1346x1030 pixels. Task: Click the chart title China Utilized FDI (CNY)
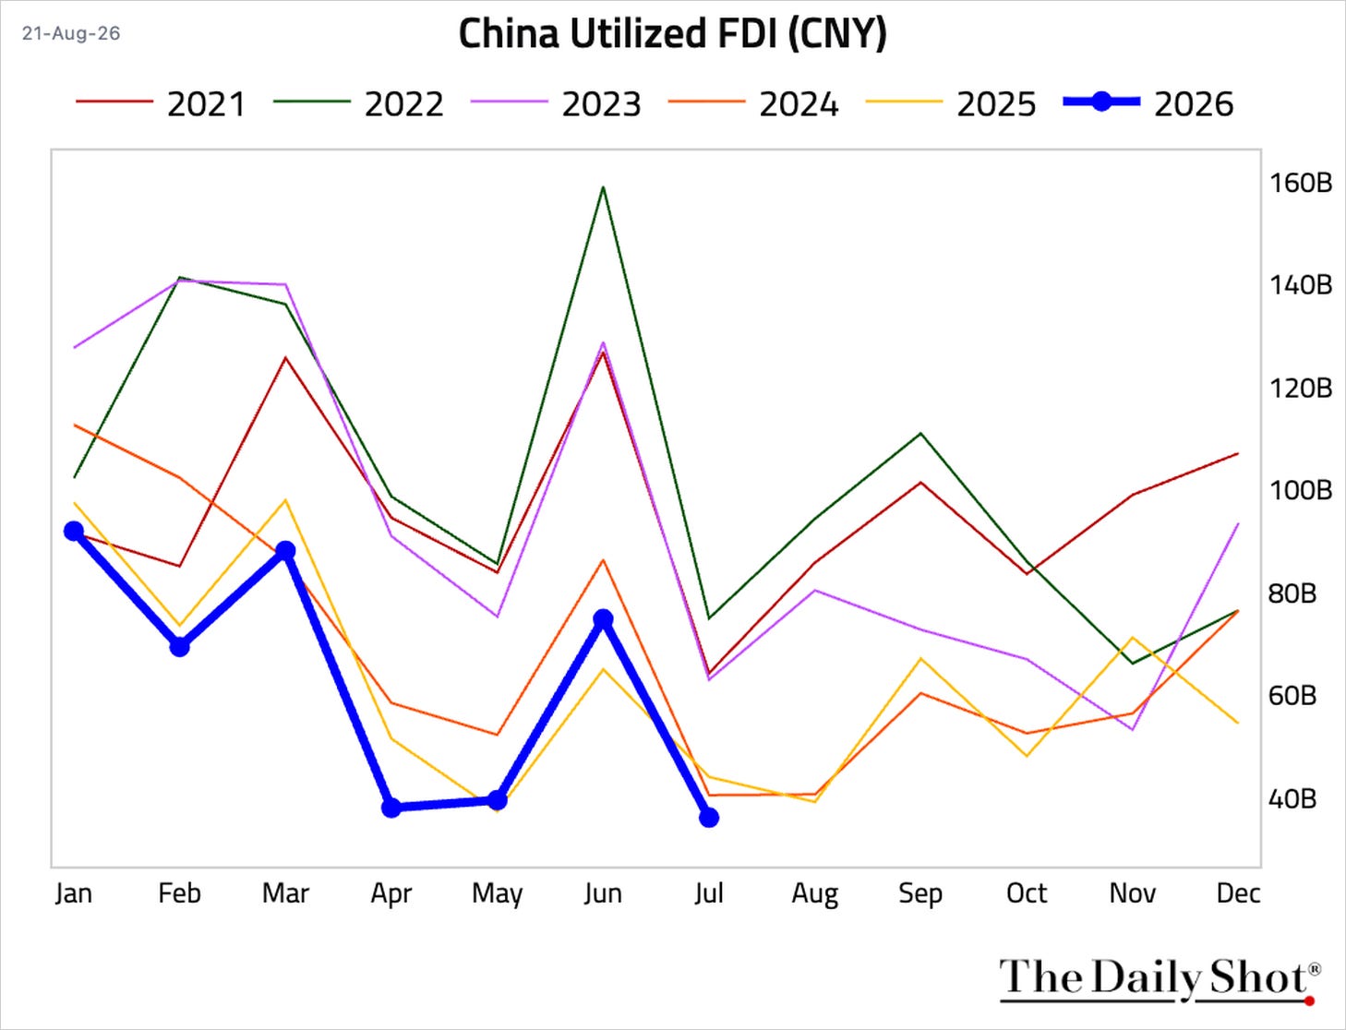coord(673,34)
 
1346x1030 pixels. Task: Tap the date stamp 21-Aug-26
coord(71,33)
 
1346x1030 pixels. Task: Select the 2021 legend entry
coord(161,104)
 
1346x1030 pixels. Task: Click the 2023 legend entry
coord(556,104)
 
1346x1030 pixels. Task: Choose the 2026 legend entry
coord(1148,104)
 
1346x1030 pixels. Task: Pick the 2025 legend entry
coord(951,104)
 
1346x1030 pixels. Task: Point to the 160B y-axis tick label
coord(1300,182)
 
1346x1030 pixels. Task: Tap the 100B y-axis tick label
coord(1300,490)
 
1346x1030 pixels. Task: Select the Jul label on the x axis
coord(709,893)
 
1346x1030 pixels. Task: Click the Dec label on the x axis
coord(1239,893)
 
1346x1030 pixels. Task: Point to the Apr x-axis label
coord(391,894)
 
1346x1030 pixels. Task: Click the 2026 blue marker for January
coord(74,531)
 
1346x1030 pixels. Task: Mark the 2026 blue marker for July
coord(709,817)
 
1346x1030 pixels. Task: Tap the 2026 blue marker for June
coord(603,619)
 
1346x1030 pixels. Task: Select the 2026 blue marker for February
coord(180,647)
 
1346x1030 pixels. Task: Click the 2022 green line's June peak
coord(603,186)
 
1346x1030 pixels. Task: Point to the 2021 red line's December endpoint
coord(1239,454)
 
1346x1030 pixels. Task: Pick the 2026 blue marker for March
coord(285,551)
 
